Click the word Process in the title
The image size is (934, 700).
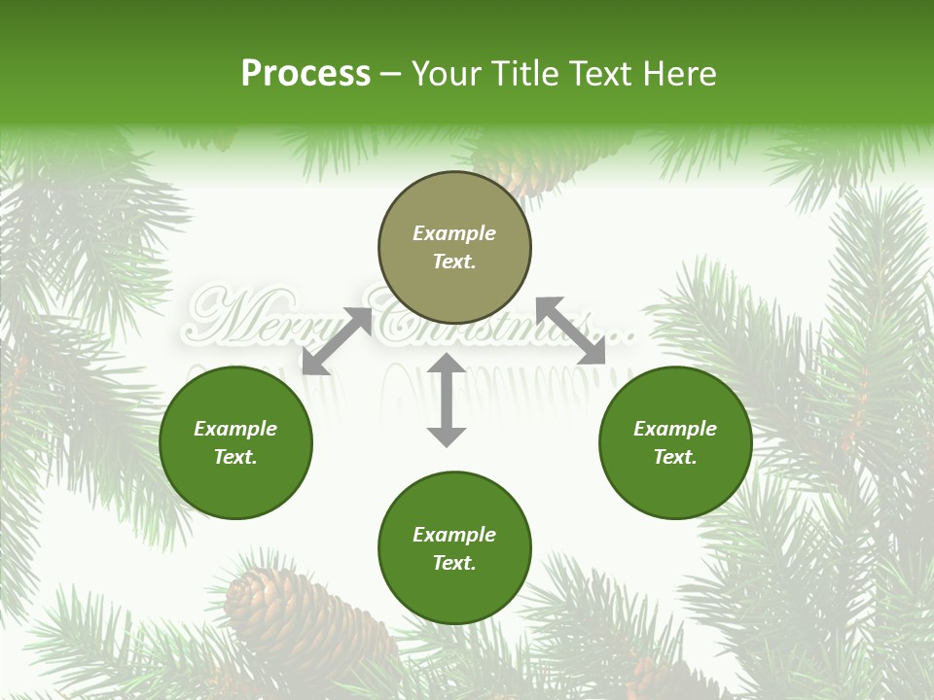coord(305,74)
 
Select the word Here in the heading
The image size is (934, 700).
coord(677,74)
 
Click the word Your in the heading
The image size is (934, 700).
coord(445,74)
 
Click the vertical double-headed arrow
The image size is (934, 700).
coord(447,400)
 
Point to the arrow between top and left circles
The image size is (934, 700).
coord(338,341)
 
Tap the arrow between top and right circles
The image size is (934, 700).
coord(571,331)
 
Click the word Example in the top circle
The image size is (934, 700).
coord(454,233)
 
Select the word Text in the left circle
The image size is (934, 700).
coord(235,457)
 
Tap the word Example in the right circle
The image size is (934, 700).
coord(675,429)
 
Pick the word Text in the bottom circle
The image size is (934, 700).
coord(454,563)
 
